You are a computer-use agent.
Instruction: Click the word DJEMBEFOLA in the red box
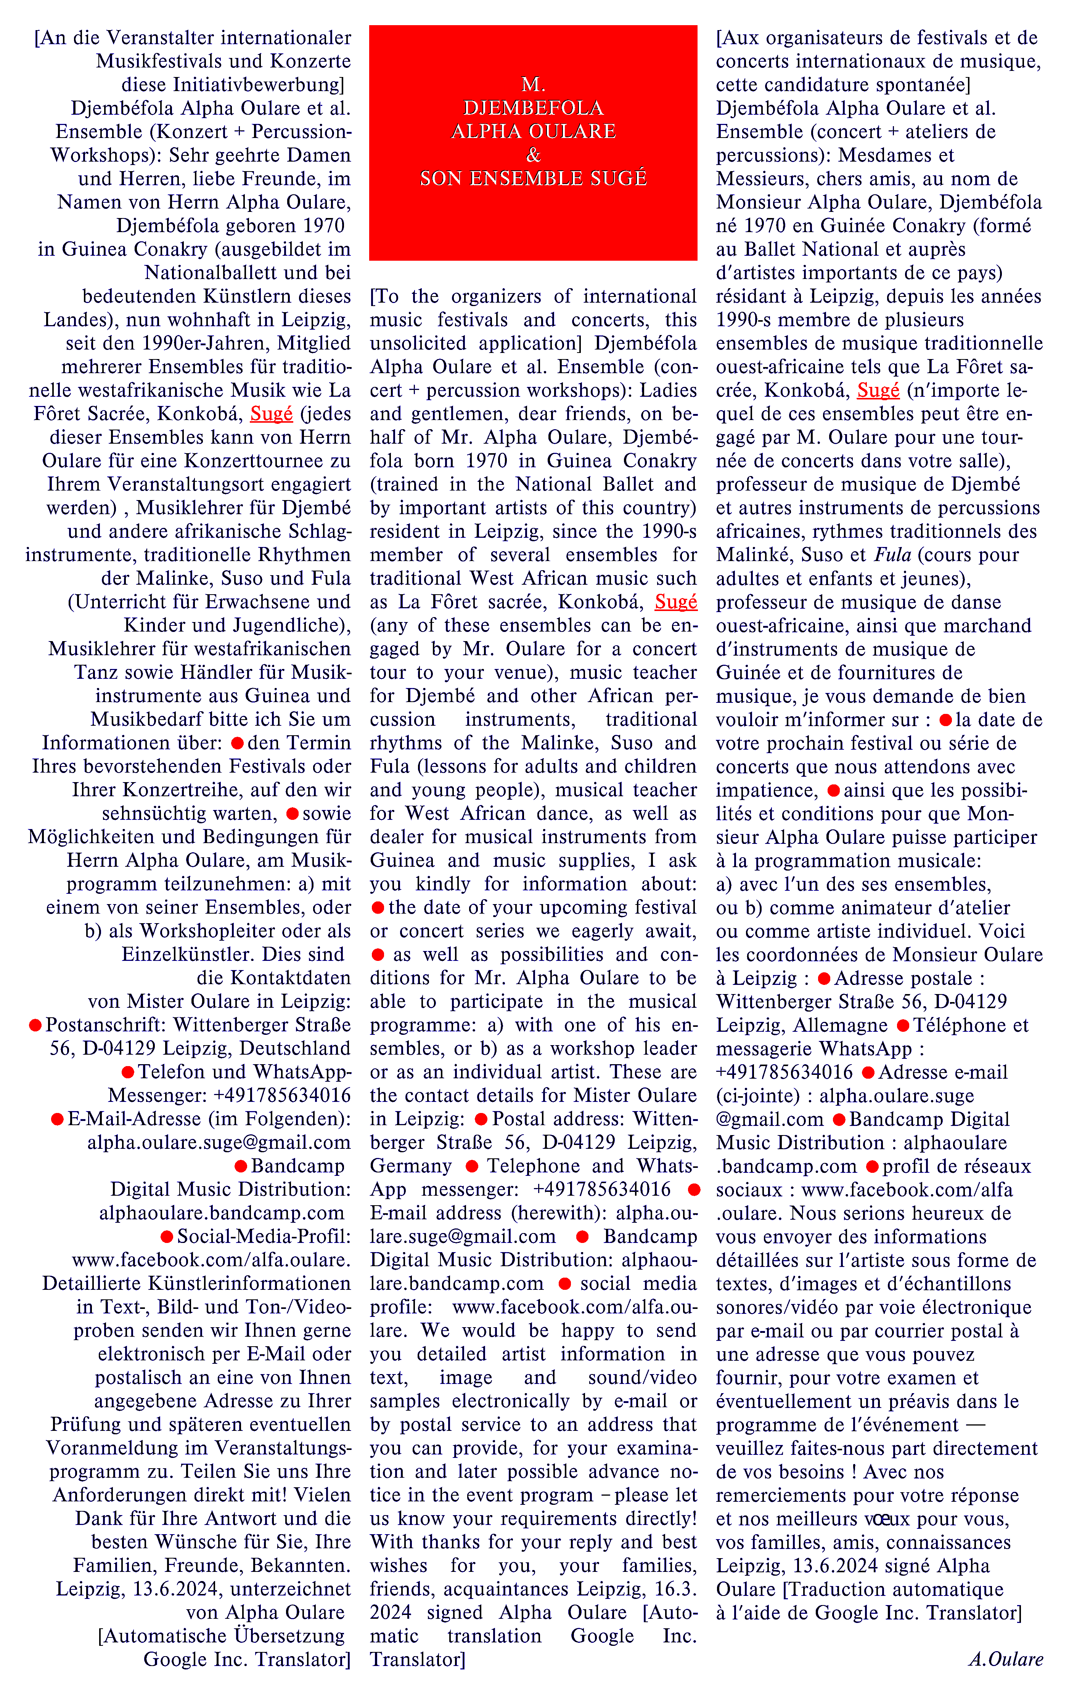click(533, 108)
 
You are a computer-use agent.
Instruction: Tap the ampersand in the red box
click(533, 154)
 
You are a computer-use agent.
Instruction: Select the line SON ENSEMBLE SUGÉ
click(533, 178)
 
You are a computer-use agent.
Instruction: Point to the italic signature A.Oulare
click(1006, 1659)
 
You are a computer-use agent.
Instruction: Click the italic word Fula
click(893, 555)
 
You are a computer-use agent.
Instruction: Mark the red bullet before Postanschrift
click(35, 1026)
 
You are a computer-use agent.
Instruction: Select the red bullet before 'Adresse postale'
click(823, 978)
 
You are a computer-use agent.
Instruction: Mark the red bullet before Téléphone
click(902, 1026)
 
